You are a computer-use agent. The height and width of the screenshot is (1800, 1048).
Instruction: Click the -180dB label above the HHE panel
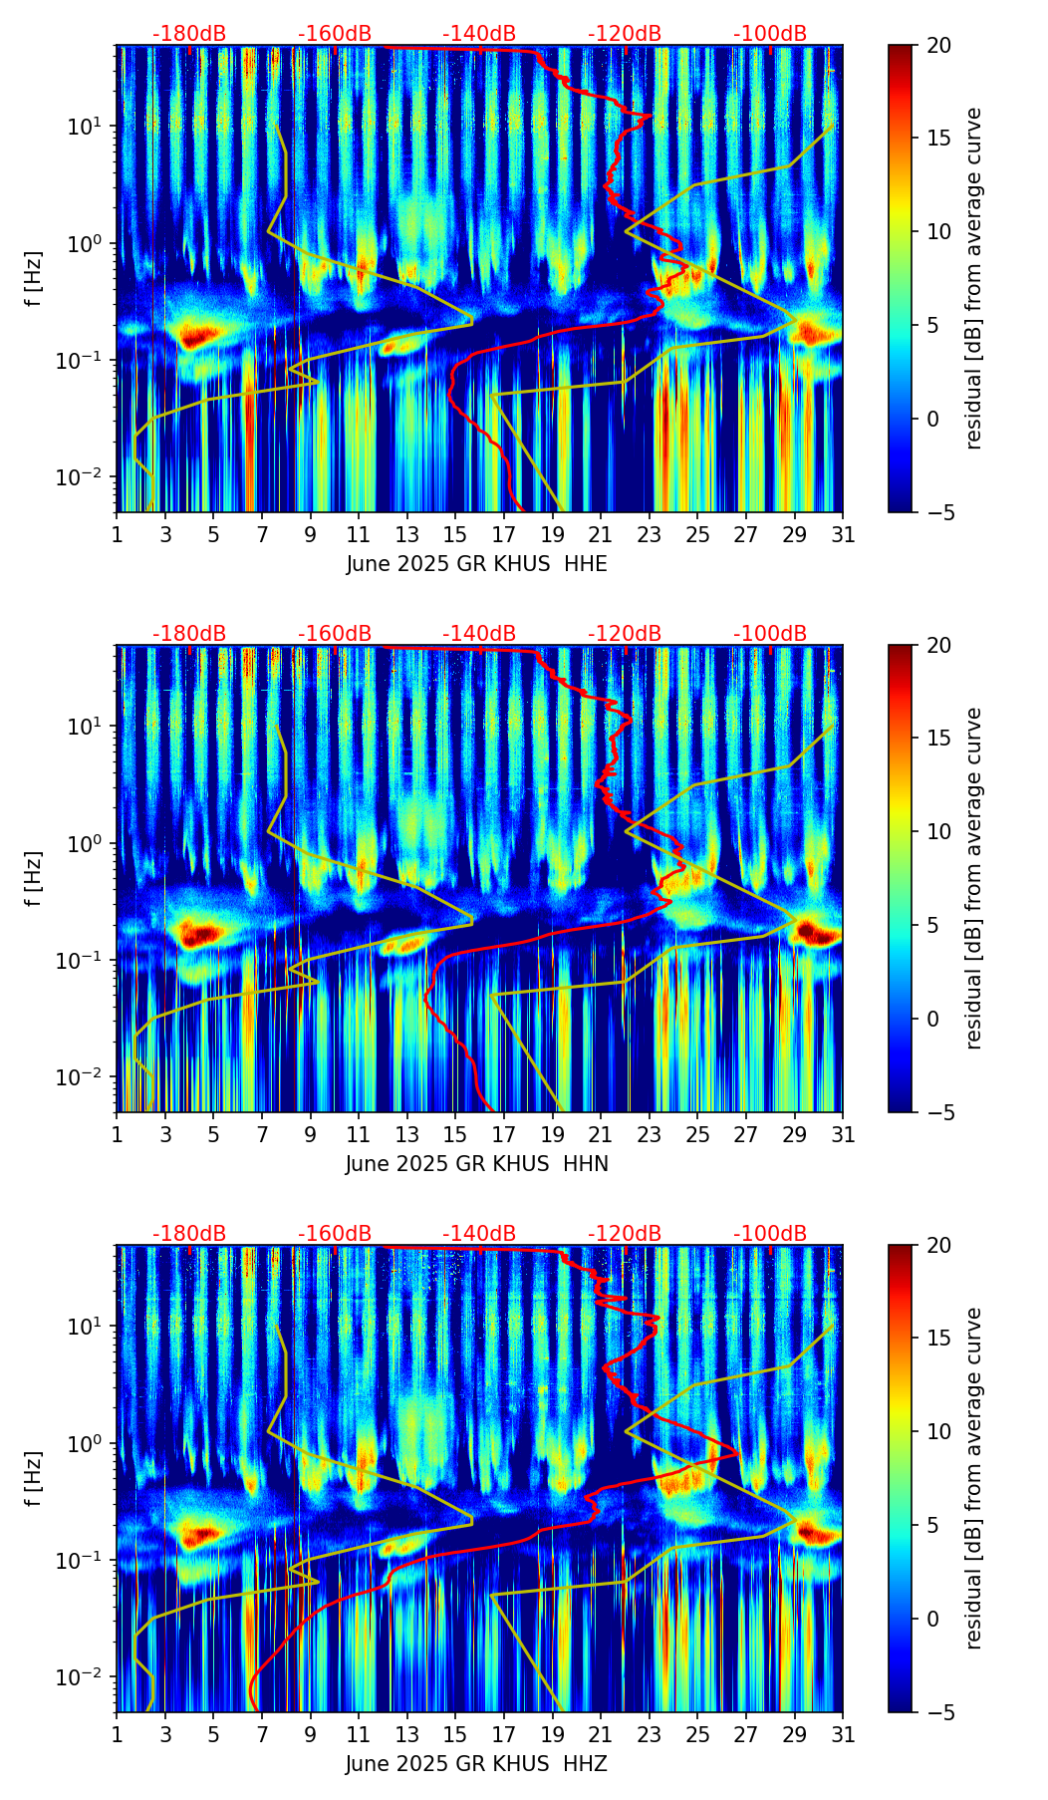pyautogui.click(x=189, y=34)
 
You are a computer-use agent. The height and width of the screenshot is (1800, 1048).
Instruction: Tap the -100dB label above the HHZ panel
pyautogui.click(x=770, y=1234)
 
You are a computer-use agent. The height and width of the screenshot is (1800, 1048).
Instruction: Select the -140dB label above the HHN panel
pyautogui.click(x=479, y=634)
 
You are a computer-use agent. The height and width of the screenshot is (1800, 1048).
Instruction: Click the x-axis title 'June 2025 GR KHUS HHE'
pyautogui.click(x=476, y=564)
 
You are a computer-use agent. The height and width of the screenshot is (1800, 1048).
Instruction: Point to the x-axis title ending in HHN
pyautogui.click(x=476, y=1164)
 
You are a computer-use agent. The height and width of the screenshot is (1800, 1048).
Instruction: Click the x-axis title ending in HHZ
pyautogui.click(x=476, y=1764)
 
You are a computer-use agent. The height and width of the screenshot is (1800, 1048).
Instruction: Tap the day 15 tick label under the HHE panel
pyautogui.click(x=454, y=535)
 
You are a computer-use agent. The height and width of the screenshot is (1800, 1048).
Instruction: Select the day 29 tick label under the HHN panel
pyautogui.click(x=795, y=1135)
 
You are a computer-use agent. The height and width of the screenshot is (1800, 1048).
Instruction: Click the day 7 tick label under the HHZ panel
pyautogui.click(x=262, y=1735)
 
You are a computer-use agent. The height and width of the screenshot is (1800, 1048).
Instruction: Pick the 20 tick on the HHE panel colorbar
pyautogui.click(x=937, y=45)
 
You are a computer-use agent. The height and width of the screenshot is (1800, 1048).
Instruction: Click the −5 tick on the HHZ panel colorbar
pyautogui.click(x=937, y=1712)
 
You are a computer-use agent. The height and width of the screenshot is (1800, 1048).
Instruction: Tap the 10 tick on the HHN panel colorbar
pyautogui.click(x=937, y=831)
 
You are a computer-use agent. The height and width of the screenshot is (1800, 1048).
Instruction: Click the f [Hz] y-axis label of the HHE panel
pyautogui.click(x=34, y=278)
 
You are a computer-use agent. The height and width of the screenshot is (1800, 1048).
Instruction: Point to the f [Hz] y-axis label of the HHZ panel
pyautogui.click(x=34, y=1478)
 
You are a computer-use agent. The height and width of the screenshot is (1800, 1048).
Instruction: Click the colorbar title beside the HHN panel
pyautogui.click(x=973, y=878)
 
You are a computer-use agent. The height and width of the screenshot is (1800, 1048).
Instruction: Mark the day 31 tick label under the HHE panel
pyautogui.click(x=843, y=535)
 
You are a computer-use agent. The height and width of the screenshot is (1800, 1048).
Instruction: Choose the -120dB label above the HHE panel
pyautogui.click(x=625, y=34)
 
